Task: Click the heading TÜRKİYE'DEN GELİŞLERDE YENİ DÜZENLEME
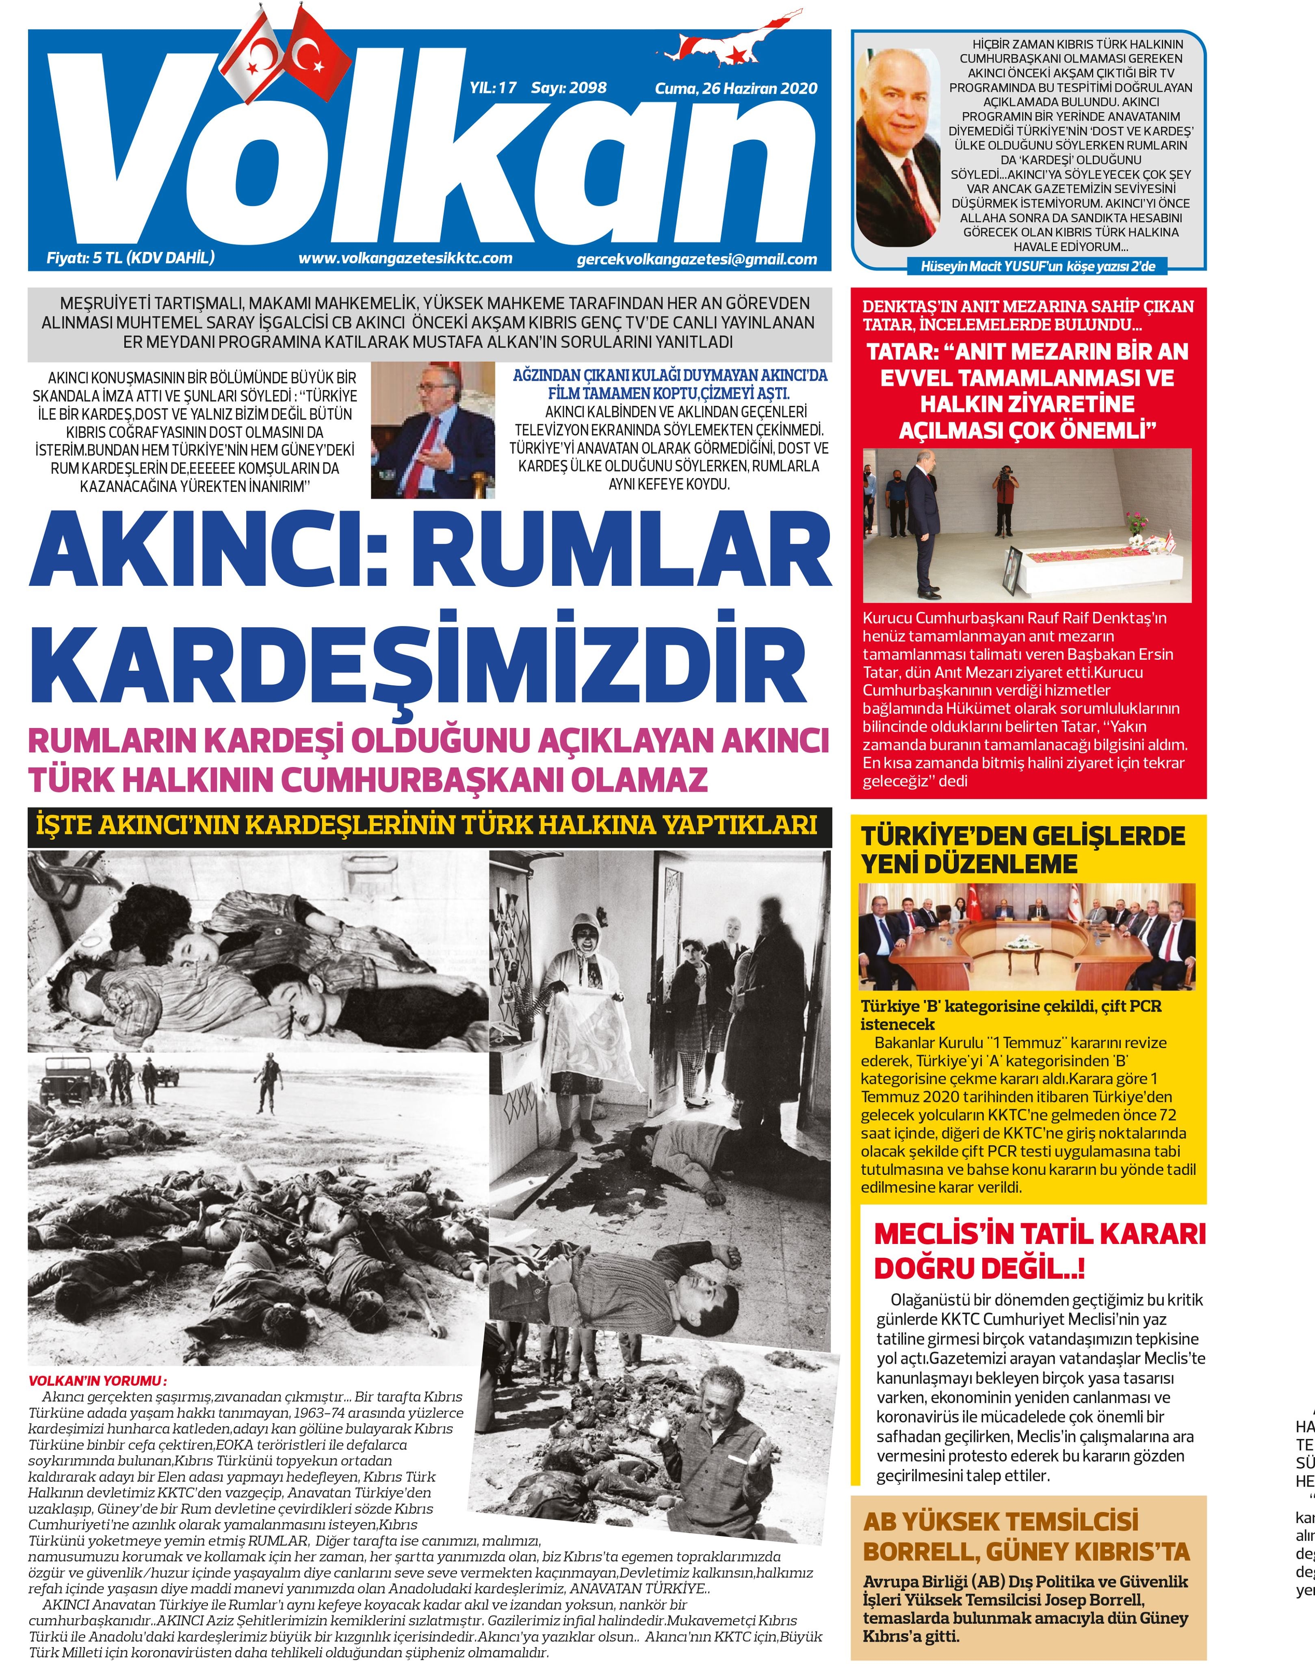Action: click(x=1023, y=849)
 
